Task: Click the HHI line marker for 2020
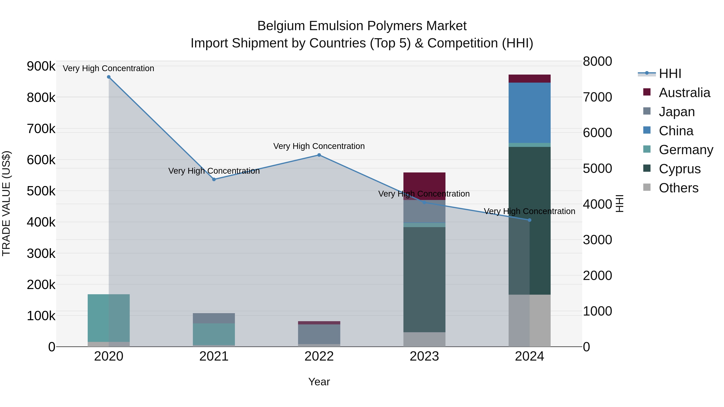[x=109, y=77]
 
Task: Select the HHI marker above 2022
[x=319, y=155]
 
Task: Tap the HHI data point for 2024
[x=530, y=220]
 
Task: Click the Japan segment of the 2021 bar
[x=214, y=318]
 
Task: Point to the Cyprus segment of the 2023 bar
[x=424, y=280]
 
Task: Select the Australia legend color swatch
[x=647, y=92]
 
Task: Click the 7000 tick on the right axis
[x=597, y=97]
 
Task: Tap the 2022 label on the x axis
[x=319, y=356]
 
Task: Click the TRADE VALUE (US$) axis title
[x=6, y=203]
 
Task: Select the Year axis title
[x=319, y=382]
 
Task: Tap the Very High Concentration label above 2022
[x=319, y=146]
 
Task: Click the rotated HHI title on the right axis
[x=619, y=203]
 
